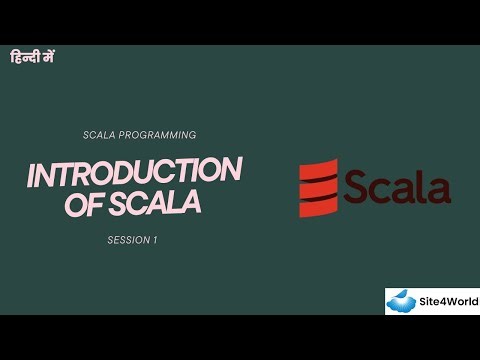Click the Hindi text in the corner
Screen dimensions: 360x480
pyautogui.click(x=32, y=57)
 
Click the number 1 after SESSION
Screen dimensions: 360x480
pyautogui.click(x=155, y=240)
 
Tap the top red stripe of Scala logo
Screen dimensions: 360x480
pyautogui.click(x=319, y=167)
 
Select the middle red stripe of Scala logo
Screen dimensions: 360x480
pyautogui.click(x=319, y=187)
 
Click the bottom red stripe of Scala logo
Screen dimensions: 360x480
pyautogui.click(x=319, y=207)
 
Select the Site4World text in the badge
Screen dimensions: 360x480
pyautogui.click(x=449, y=301)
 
